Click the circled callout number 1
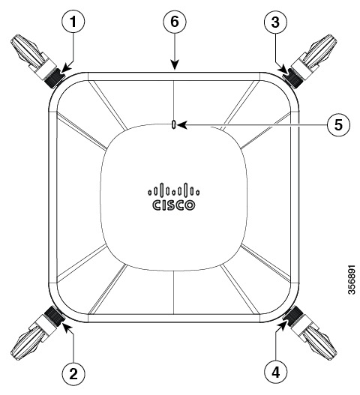point(73,22)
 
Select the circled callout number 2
point(73,373)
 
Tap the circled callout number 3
point(275,22)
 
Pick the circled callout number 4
point(276,372)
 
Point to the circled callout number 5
point(338,124)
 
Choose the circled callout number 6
point(175,22)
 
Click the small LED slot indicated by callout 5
point(173,124)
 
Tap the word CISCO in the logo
point(174,205)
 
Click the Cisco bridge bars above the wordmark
point(174,190)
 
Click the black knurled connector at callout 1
point(54,78)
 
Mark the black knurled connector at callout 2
point(53,315)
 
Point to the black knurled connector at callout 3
point(293,78)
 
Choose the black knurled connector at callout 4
point(292,315)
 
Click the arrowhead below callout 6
point(175,64)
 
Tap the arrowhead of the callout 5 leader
point(182,124)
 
